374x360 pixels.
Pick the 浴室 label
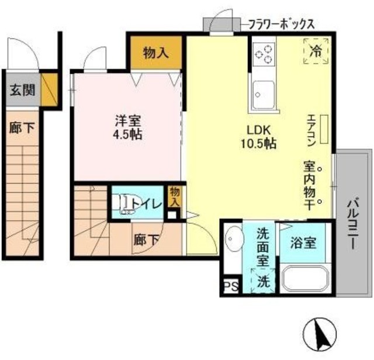304,242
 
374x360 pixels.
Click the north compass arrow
320,335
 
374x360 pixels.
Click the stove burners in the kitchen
264,54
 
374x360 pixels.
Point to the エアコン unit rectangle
324,129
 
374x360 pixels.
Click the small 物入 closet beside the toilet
174,195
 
